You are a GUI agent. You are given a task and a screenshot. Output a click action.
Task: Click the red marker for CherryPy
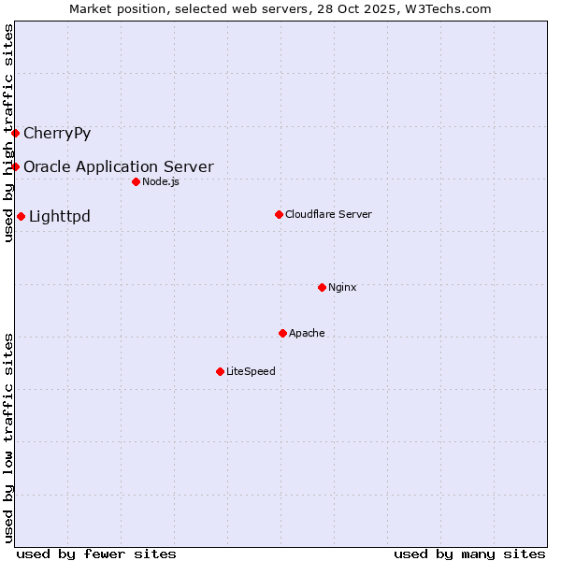click(x=16, y=133)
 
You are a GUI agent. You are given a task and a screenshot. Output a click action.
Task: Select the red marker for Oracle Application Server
click(x=16, y=166)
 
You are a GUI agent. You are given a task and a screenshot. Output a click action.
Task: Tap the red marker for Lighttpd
click(x=21, y=217)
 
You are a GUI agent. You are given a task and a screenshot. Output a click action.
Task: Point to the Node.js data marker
click(x=136, y=181)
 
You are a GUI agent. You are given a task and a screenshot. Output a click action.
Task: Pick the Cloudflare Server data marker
click(x=279, y=214)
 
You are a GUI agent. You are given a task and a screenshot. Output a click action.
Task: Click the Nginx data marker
click(x=322, y=287)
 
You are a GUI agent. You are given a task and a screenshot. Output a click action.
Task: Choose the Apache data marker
click(x=282, y=333)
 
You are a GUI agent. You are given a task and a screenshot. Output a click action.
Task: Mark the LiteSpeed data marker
click(x=220, y=371)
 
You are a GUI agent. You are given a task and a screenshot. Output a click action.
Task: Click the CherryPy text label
click(x=57, y=133)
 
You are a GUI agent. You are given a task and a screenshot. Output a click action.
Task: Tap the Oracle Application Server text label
click(x=119, y=167)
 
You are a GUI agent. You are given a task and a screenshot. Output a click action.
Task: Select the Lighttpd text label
click(x=60, y=217)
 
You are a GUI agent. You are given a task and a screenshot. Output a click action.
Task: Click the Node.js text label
click(x=161, y=181)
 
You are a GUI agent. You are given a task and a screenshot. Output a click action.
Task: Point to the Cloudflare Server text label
click(x=328, y=214)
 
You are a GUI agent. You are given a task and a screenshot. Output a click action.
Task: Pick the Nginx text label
click(x=342, y=287)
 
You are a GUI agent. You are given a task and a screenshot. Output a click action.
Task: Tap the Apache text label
click(x=307, y=333)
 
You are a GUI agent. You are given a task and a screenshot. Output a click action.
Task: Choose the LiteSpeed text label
click(x=251, y=371)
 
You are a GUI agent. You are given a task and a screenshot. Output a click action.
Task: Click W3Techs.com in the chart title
click(x=446, y=8)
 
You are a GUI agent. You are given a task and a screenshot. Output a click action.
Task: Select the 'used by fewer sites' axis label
click(x=96, y=554)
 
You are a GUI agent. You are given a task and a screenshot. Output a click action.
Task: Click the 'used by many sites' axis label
click(x=469, y=554)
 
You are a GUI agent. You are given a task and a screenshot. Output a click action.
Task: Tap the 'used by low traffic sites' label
click(x=8, y=437)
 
